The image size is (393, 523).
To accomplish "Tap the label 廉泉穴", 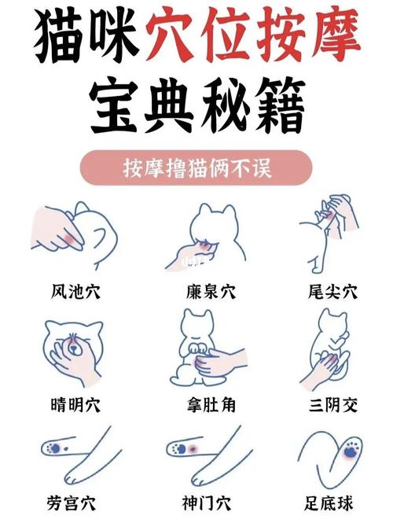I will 206,292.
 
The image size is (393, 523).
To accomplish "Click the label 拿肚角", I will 206,406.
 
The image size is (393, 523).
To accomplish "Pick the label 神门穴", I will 206,501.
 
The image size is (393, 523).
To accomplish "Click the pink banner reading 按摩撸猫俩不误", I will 196,168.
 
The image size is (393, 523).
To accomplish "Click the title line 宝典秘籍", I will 196,110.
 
